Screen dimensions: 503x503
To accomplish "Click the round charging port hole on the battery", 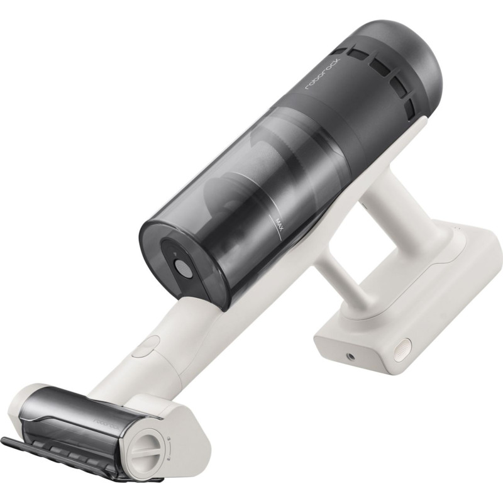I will click(350, 357).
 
